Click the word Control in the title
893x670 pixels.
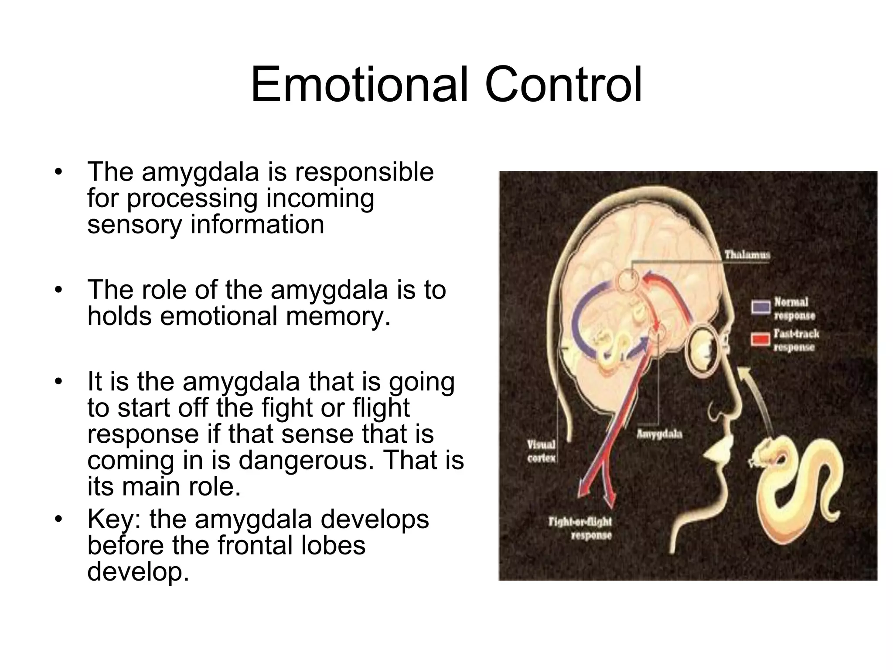(563, 85)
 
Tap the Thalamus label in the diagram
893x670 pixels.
(747, 254)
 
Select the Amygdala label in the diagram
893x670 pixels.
(659, 434)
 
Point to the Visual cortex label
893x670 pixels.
(541, 451)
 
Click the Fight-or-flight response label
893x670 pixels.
(580, 528)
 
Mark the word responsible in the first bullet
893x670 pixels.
(364, 172)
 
